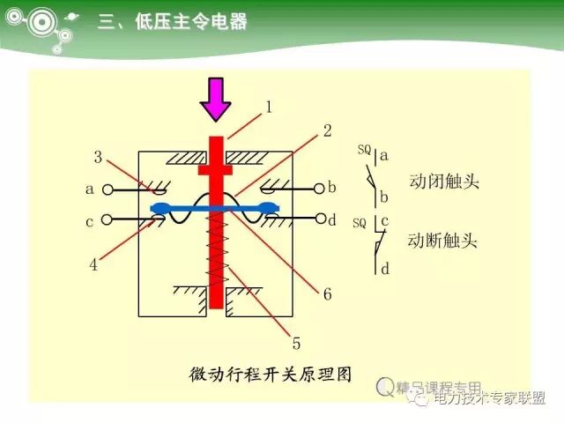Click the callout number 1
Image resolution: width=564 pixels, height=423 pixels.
point(268,108)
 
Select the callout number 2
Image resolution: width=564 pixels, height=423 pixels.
point(327,130)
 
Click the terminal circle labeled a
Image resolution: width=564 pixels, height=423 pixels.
point(108,189)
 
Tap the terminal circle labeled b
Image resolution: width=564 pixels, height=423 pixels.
point(317,188)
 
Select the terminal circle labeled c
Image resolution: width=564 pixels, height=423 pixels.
point(108,219)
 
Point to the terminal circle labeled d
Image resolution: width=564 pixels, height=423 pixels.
point(317,219)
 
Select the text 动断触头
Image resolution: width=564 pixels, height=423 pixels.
point(443,240)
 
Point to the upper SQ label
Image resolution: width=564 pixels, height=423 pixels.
point(364,150)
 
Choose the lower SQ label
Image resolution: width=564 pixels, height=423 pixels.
point(359,222)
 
